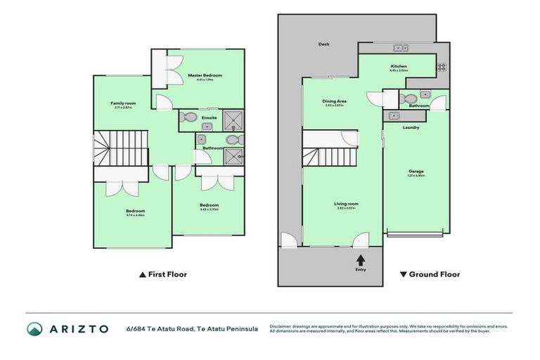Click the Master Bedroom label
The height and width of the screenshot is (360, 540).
click(x=203, y=75)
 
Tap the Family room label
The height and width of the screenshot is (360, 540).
click(x=123, y=103)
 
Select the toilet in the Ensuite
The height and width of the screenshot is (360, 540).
click(x=186, y=117)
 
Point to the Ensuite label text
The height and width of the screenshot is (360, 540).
click(x=210, y=117)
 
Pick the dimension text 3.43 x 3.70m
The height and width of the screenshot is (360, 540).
click(x=209, y=209)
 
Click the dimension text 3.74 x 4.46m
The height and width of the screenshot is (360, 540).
click(x=135, y=215)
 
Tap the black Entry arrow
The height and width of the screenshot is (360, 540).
click(x=361, y=259)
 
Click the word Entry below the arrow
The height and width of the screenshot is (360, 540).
click(x=361, y=269)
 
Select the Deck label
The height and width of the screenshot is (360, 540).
click(x=323, y=44)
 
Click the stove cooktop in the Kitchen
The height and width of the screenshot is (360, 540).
click(x=442, y=68)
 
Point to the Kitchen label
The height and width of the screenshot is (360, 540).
click(x=399, y=67)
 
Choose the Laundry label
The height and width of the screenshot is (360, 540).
click(x=411, y=127)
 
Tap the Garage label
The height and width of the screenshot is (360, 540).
click(x=416, y=171)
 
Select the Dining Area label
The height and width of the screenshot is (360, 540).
click(x=335, y=101)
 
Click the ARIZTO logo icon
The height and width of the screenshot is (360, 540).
click(x=34, y=329)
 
